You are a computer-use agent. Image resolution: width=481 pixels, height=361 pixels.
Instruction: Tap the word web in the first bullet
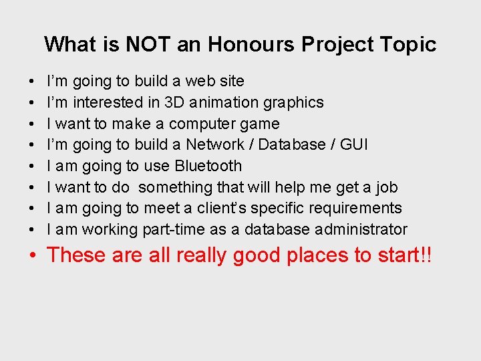coord(199,82)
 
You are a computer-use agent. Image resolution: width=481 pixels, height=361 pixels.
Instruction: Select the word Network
coord(215,145)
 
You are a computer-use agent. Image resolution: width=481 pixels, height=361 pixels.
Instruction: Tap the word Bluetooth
coord(208,166)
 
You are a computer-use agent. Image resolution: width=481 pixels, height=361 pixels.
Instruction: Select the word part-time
coord(173,230)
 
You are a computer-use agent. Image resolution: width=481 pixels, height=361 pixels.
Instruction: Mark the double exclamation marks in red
coord(425,255)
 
